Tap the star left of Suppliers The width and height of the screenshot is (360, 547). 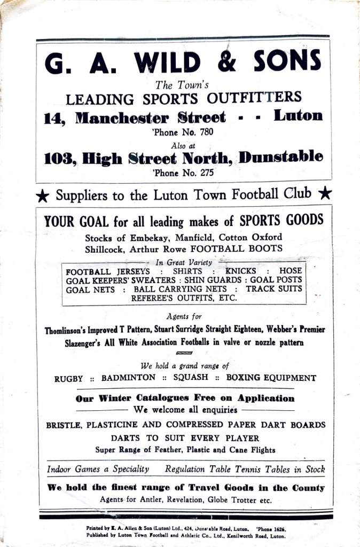[42, 196]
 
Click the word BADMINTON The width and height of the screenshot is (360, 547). [128, 378]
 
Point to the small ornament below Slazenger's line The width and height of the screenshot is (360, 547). [184, 353]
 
